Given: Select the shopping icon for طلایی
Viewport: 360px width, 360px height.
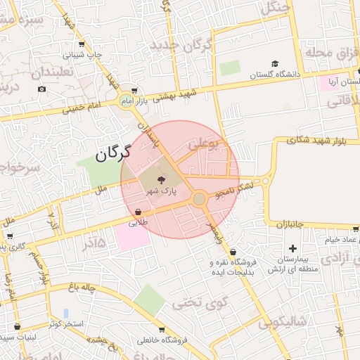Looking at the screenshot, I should coord(138,211).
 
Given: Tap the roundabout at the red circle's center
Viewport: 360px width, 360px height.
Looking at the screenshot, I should coord(200,200).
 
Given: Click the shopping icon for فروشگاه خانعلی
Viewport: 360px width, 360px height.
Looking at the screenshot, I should coord(162,330).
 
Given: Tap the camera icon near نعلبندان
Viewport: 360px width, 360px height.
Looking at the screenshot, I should coord(42,89).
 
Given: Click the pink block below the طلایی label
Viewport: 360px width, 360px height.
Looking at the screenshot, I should coord(132,236).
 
